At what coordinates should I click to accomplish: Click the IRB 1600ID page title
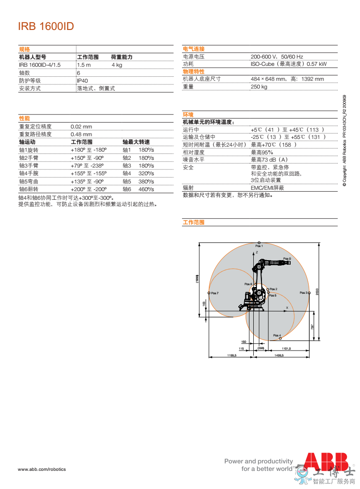coord(45,26)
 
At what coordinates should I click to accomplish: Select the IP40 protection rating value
coord(83,80)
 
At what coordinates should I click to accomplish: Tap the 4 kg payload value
coord(117,65)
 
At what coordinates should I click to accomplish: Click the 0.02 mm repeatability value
coord(81,127)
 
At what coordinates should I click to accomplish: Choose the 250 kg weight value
coord(259,87)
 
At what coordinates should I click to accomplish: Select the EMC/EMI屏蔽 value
coord(267,188)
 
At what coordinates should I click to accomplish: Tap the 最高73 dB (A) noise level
coord(269,159)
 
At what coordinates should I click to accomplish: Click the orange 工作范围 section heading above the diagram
coord(193,222)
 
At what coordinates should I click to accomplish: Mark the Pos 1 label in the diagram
coord(259,246)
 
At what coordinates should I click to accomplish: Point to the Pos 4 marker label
coord(277,336)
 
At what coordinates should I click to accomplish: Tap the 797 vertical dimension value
coord(312,326)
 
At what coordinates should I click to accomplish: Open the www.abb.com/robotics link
coord(42,469)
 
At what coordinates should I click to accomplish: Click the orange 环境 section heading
coord(188,114)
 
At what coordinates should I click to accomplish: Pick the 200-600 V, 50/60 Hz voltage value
coord(277,56)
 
